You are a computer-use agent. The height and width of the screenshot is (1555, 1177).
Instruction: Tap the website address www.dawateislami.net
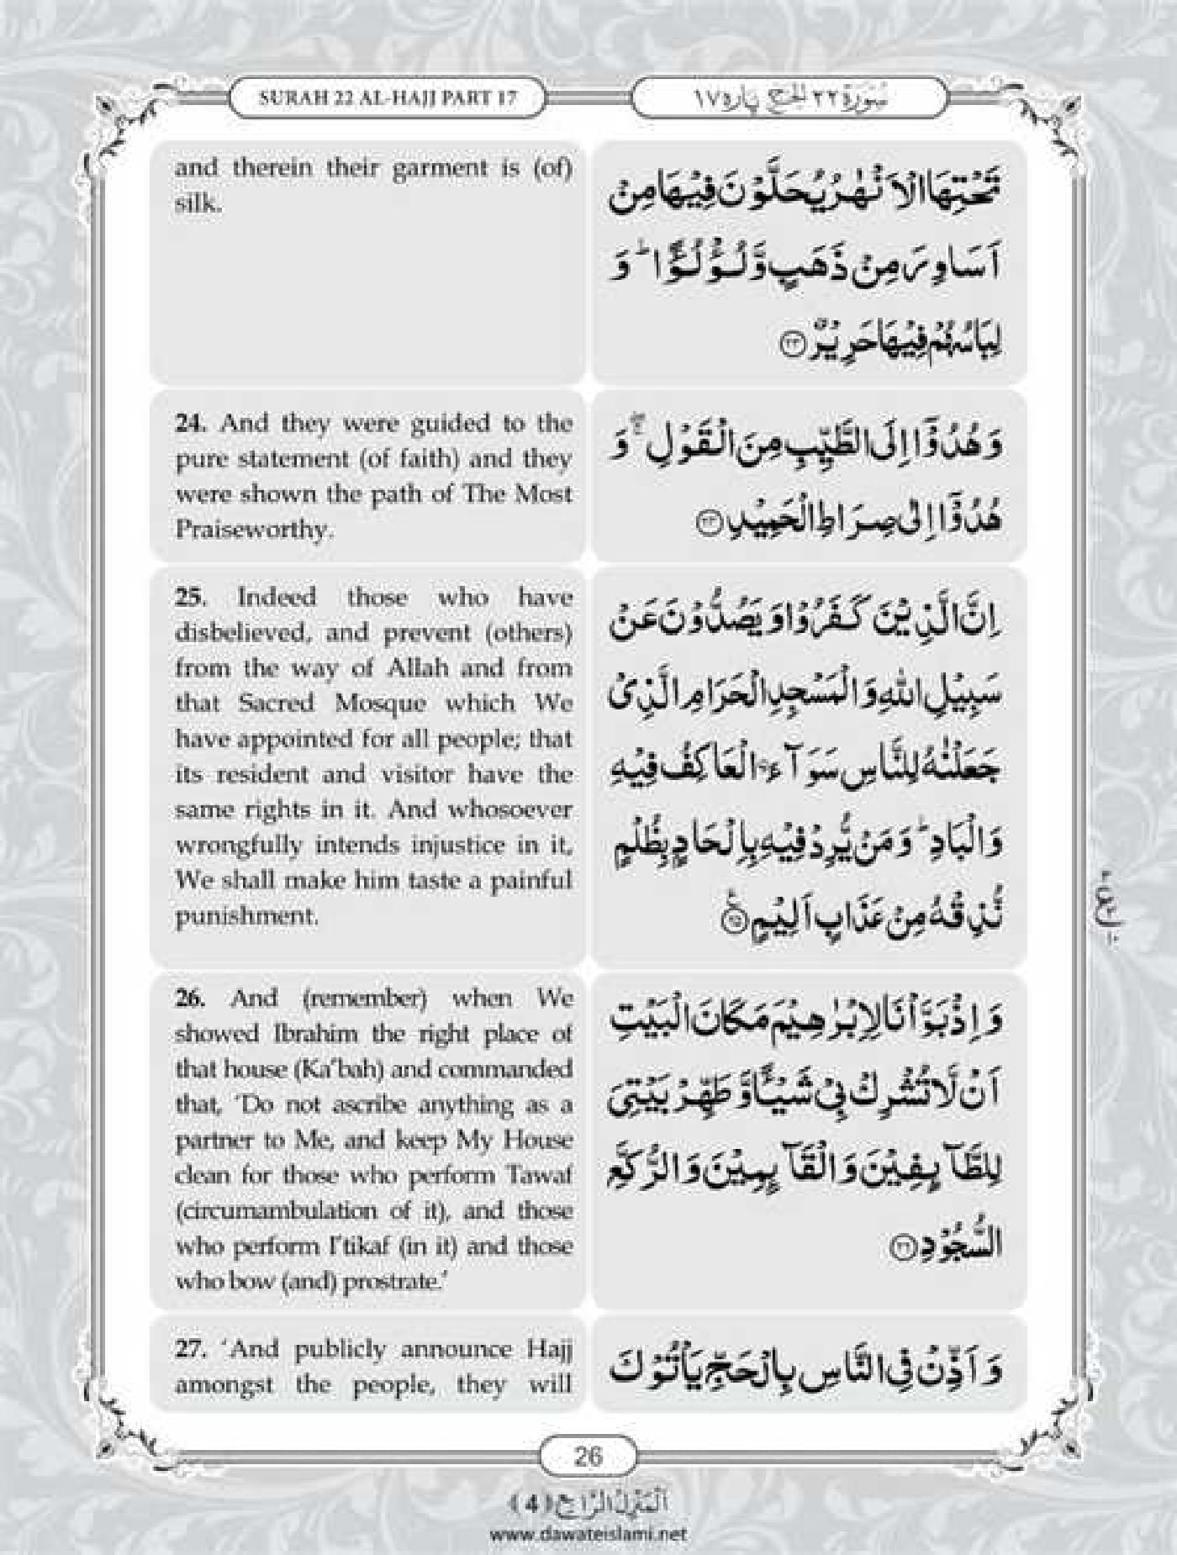588,1533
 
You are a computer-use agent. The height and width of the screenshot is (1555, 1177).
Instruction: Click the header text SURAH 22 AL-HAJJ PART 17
388,98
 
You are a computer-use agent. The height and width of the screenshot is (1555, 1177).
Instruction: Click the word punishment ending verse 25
246,915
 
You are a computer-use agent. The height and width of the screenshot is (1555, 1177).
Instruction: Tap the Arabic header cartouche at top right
789,98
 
